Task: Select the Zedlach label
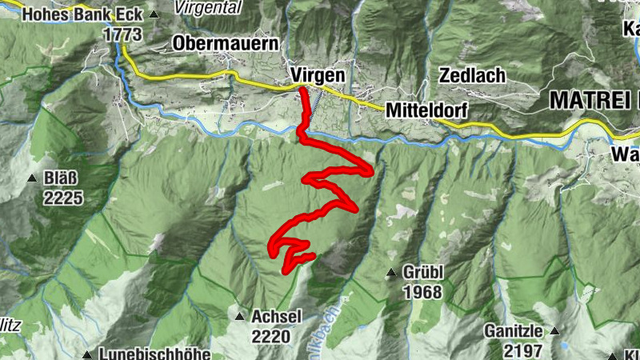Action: click(472, 76)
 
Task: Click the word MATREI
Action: click(590, 101)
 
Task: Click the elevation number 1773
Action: click(122, 34)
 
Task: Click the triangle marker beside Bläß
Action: click(32, 178)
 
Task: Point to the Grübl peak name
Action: click(423, 274)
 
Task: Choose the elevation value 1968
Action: click(422, 293)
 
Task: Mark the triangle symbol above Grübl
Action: click(391, 274)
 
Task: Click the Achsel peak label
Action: click(276, 317)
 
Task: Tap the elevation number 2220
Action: click(270, 337)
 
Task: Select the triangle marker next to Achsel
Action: click(239, 317)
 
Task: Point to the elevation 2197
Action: click(523, 350)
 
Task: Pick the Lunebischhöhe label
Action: click(156, 354)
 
